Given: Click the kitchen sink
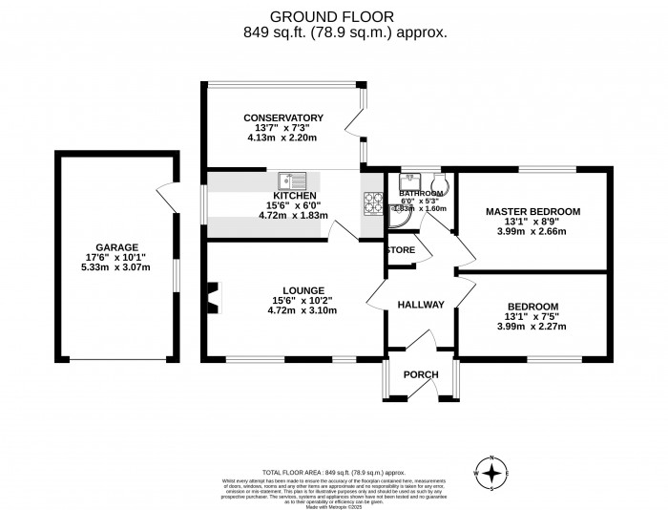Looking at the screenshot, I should (x=291, y=181).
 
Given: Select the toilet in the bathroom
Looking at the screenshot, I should (x=440, y=185).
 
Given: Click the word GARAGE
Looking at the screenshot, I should (x=115, y=246).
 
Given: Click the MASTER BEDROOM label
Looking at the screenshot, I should (x=532, y=211).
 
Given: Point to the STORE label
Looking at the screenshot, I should (x=401, y=251).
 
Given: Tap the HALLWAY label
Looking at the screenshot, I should (x=421, y=305).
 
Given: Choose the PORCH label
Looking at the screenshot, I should (x=419, y=373).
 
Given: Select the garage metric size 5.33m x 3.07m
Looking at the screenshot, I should (x=115, y=267).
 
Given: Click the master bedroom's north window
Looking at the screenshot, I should (x=559, y=171).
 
